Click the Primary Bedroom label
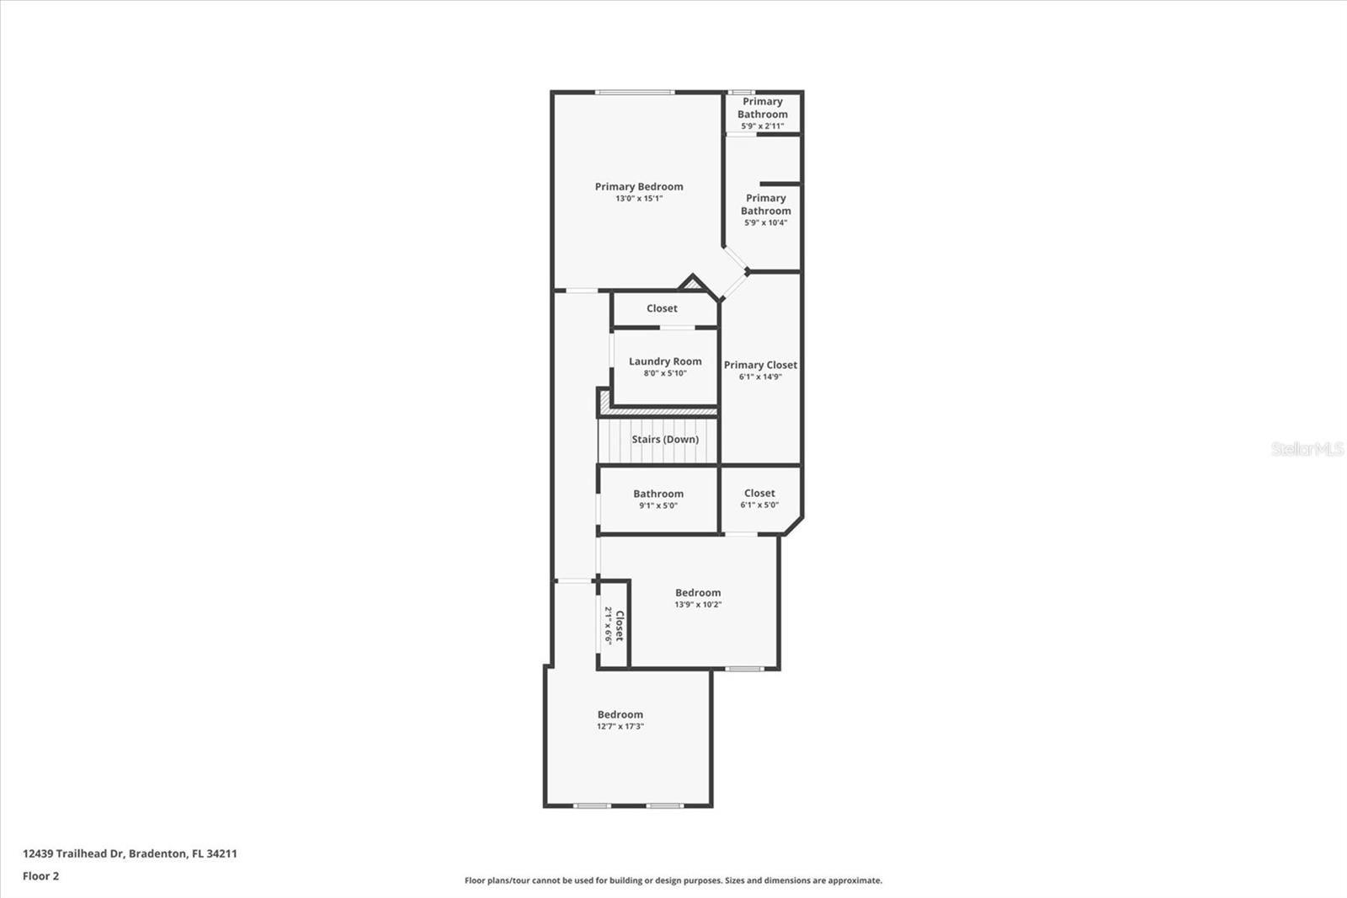click(x=639, y=187)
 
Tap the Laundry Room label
click(x=665, y=361)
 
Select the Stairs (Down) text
click(x=665, y=439)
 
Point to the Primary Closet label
click(x=760, y=365)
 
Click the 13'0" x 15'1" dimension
click(x=639, y=199)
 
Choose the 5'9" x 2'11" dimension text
click(x=762, y=126)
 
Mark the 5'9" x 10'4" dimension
click(x=765, y=223)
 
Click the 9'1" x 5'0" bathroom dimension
click(x=658, y=506)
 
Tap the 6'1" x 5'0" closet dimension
click(x=759, y=505)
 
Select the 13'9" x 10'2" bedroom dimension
click(x=698, y=605)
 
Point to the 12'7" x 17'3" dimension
click(x=620, y=726)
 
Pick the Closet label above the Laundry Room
click(x=662, y=308)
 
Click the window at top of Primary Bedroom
click(x=634, y=92)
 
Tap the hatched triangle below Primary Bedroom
click(x=693, y=285)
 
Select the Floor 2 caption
click(x=40, y=876)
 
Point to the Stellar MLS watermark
click(x=1307, y=449)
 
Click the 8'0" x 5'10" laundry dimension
click(x=665, y=373)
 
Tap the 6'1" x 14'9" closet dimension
click(x=760, y=377)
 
